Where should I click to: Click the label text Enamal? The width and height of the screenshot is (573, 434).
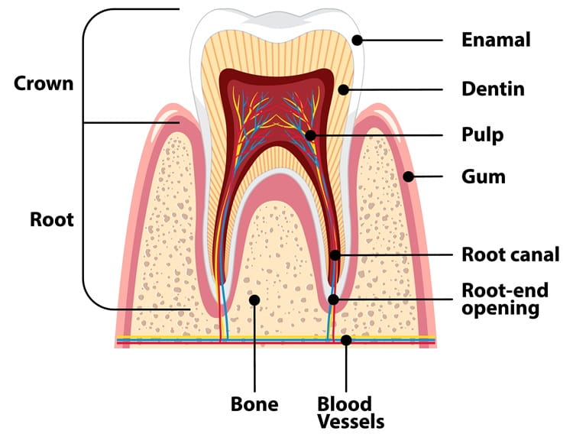tap(495, 39)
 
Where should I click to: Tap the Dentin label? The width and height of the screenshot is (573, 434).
tap(493, 89)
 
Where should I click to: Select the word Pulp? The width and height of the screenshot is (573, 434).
tap(481, 135)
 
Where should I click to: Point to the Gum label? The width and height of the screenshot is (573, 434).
tap(483, 177)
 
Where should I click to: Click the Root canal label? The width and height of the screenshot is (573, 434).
tap(511, 254)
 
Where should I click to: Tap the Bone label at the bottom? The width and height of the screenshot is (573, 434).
tap(254, 403)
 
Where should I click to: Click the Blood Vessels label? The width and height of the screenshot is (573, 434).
tap(345, 412)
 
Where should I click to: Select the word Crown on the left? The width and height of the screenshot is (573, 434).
tap(44, 83)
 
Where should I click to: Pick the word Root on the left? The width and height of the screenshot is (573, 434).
tap(51, 219)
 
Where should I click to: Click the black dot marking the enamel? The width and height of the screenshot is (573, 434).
tap(357, 40)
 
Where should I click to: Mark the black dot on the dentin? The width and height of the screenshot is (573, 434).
tap(343, 89)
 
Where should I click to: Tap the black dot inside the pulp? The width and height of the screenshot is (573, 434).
tap(310, 135)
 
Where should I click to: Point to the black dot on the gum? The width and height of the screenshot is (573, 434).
tap(409, 177)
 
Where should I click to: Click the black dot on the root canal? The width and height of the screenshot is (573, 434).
tap(334, 254)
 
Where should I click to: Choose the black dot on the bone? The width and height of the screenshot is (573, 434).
tap(254, 300)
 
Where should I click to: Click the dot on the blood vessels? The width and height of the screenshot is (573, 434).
tap(346, 339)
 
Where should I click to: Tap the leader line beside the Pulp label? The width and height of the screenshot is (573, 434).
tap(382, 135)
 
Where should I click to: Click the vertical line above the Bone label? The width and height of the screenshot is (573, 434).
tap(254, 348)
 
